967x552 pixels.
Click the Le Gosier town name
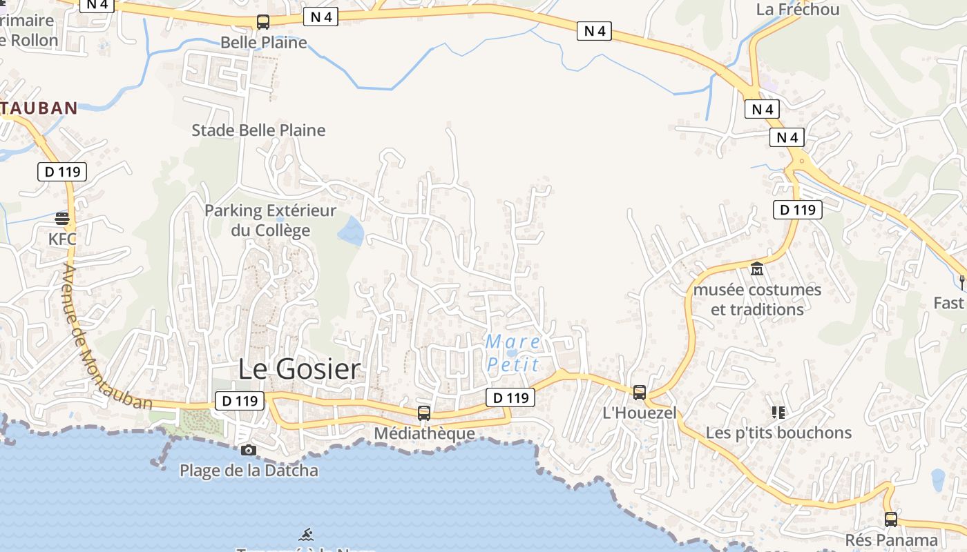click(299, 369)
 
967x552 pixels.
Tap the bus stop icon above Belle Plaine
click(263, 22)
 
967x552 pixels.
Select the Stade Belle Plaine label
click(258, 130)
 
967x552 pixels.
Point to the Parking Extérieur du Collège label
click(270, 220)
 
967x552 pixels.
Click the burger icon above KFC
click(62, 219)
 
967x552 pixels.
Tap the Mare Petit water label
click(513, 353)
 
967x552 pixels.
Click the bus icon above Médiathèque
click(424, 413)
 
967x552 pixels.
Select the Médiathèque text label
click(424, 433)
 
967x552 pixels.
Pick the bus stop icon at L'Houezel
click(640, 393)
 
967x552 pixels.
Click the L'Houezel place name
click(640, 413)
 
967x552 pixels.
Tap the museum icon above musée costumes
click(757, 269)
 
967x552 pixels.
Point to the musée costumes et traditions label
click(757, 299)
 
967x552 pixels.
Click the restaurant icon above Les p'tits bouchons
click(778, 413)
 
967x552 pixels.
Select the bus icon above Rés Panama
click(891, 520)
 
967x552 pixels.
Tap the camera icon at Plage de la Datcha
click(248, 451)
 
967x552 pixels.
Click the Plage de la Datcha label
click(249, 471)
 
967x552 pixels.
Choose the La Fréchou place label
click(798, 9)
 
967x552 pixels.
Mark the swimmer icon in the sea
click(307, 534)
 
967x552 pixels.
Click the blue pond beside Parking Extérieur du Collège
click(351, 231)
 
